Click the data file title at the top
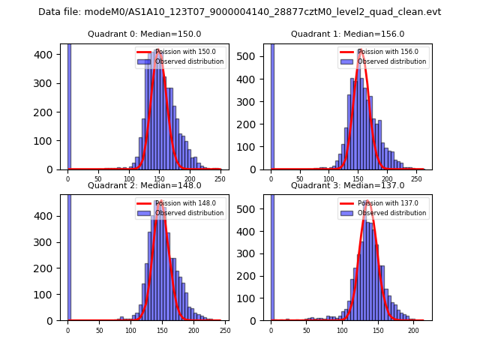click(239, 12)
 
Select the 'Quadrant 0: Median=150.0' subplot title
click(144, 34)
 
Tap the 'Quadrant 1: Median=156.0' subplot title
click(347, 34)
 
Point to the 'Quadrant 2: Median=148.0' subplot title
click(144, 185)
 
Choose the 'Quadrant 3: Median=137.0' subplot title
click(347, 185)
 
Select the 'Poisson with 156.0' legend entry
click(383, 52)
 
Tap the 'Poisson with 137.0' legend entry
click(383, 203)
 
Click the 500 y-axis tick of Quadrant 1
click(253, 55)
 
